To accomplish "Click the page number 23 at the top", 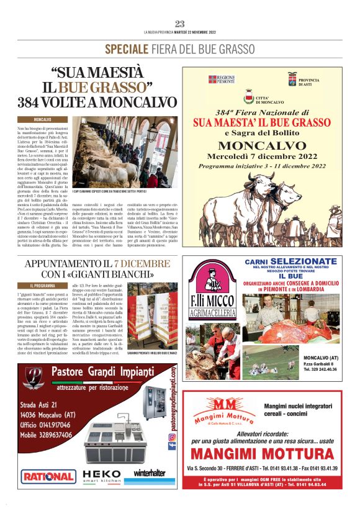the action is (x=180, y=24).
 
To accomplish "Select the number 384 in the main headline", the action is (x=30, y=102).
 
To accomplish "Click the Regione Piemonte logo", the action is (x=221, y=79).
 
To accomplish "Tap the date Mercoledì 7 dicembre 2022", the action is (x=265, y=156).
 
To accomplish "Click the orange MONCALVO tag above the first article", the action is (x=42, y=119).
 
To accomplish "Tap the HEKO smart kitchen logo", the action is (x=102, y=475).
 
